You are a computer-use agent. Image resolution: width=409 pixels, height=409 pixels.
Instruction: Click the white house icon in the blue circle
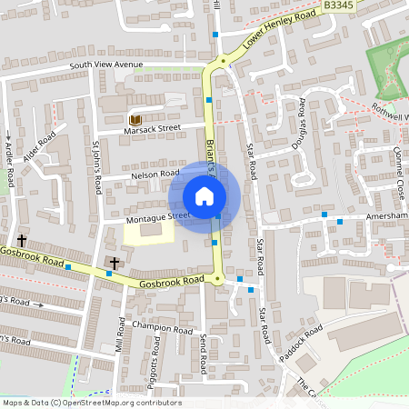[x=204, y=196]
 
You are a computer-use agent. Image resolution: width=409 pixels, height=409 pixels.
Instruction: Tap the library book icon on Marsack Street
[x=135, y=120]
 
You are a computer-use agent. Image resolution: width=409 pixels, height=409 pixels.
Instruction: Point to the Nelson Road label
[x=156, y=173]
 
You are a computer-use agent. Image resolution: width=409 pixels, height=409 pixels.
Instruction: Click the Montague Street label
[x=159, y=216]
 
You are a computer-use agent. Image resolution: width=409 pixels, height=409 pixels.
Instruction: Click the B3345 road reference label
[x=337, y=5]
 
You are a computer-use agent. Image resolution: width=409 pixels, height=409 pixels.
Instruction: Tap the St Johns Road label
[x=94, y=166]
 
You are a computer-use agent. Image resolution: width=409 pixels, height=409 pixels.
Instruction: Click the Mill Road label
[x=120, y=336]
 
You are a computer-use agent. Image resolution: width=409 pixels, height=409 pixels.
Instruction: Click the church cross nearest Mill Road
[x=115, y=263]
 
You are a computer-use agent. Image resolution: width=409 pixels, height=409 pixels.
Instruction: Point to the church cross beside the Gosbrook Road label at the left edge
[x=21, y=241]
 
